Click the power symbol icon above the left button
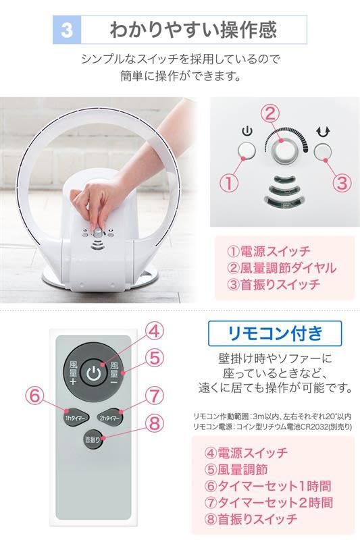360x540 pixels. coord(246,131)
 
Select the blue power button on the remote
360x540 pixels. coord(95,372)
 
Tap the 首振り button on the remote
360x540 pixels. coord(93,439)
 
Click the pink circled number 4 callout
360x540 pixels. coord(155,331)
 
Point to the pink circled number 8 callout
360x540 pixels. coord(155,423)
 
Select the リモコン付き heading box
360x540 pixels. coord(274,333)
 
